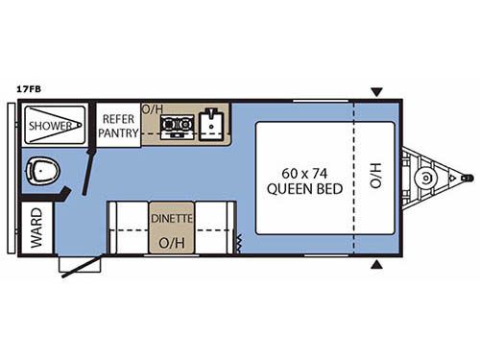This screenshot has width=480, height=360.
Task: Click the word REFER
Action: (117, 119)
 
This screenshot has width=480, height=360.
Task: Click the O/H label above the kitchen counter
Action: (152, 108)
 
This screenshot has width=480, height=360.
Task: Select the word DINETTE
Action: (172, 218)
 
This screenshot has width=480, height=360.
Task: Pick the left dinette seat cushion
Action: (127, 228)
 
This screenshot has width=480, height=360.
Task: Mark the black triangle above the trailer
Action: (376, 93)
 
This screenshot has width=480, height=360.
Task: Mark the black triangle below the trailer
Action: (376, 265)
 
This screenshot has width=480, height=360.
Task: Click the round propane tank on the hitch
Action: (424, 180)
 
